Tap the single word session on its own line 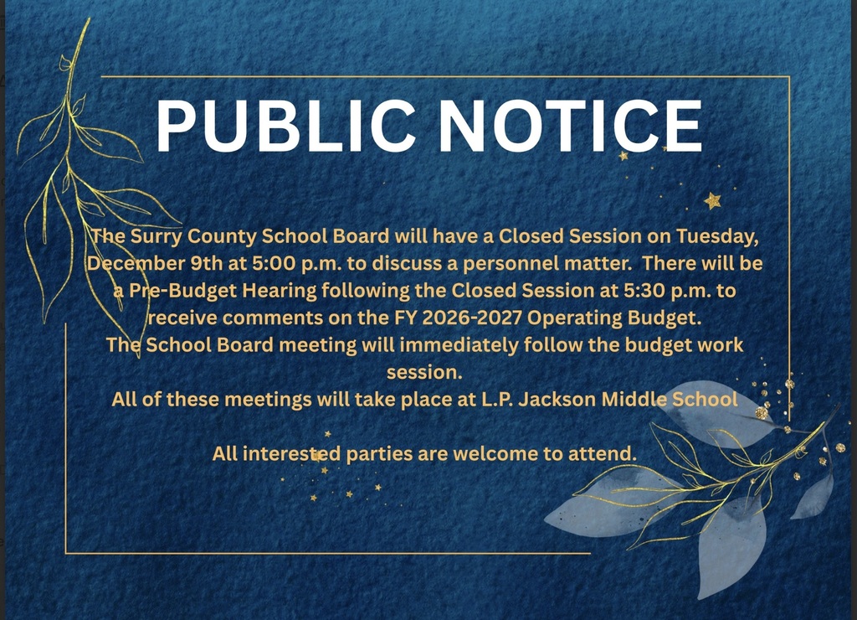(x=423, y=371)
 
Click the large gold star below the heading (x=712, y=200)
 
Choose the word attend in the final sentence (x=602, y=453)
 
